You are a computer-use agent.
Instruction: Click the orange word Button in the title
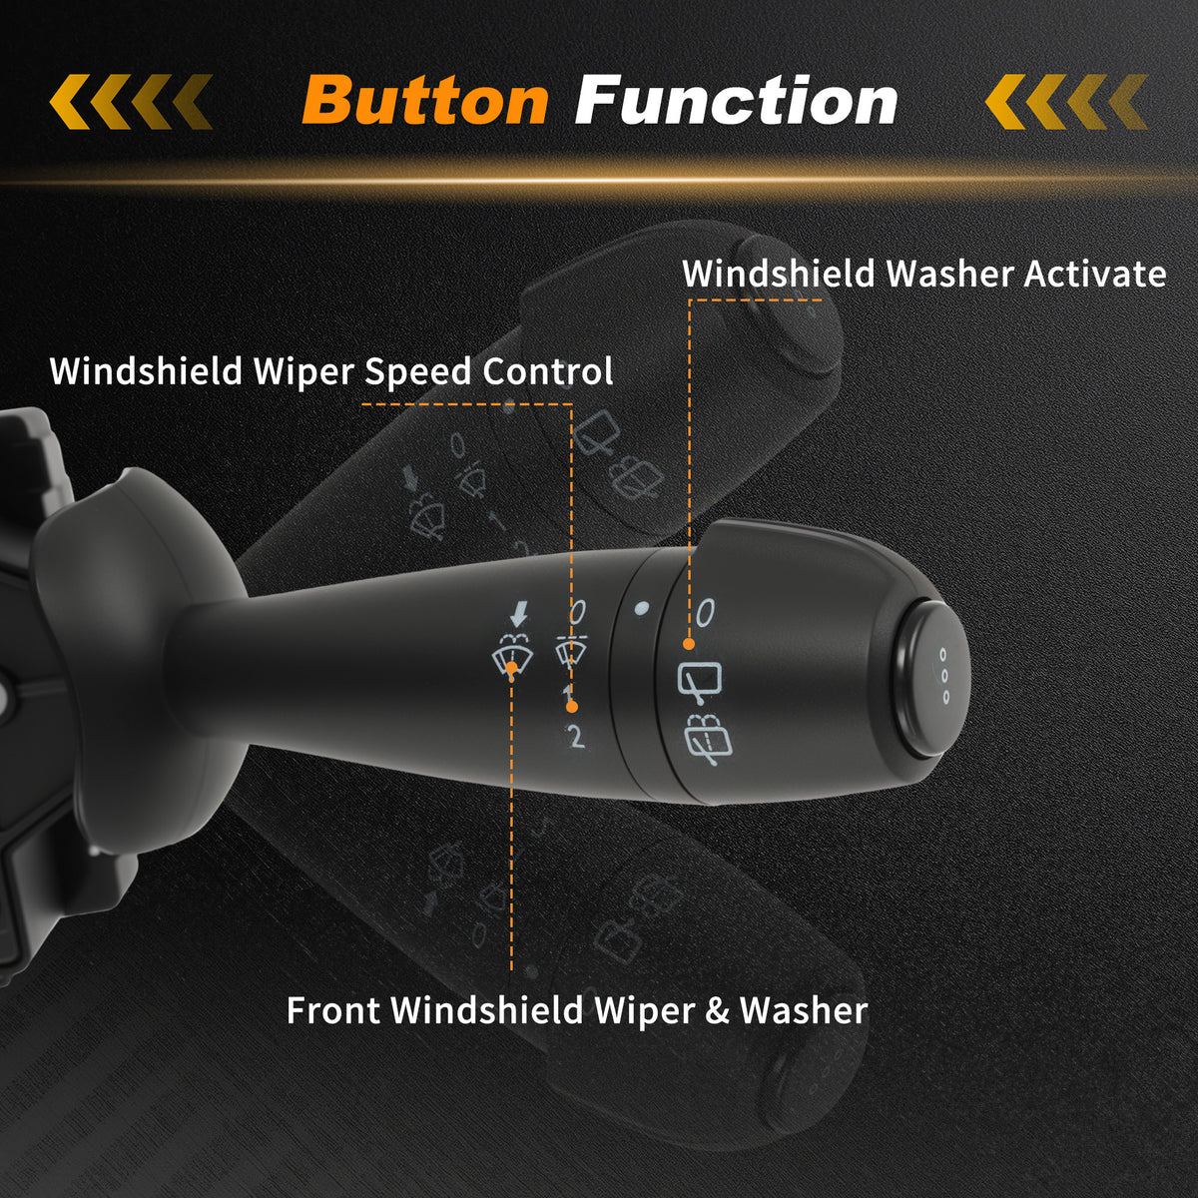pos(426,101)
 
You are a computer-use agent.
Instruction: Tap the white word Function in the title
pos(736,100)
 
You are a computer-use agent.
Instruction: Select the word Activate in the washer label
pos(1095,274)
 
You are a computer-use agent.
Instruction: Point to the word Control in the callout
pos(548,370)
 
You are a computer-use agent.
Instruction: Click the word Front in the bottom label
pos(333,1011)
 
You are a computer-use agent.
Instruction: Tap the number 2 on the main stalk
pos(576,737)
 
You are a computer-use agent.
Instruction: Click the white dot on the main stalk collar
pos(641,608)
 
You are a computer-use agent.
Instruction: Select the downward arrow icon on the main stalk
pos(518,615)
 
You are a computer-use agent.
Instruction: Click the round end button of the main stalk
pos(929,678)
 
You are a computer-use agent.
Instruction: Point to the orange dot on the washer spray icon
pos(512,667)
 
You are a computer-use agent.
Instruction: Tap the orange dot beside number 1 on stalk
pos(572,707)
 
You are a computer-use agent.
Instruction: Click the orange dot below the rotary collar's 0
pos(688,645)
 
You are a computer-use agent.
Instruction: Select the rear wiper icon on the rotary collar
pos(700,684)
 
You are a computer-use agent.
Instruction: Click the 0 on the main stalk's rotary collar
pos(705,613)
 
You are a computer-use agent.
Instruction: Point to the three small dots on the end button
pos(944,677)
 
